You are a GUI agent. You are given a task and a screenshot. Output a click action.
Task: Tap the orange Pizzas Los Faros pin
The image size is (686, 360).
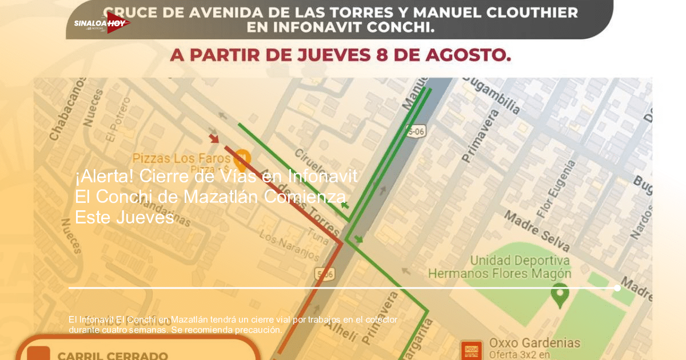[242, 156]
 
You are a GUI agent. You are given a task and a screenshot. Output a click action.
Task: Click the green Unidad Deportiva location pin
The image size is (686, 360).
[560, 293]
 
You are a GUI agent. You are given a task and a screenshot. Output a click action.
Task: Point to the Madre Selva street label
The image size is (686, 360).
[536, 231]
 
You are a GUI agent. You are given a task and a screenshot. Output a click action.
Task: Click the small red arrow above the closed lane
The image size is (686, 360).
[214, 138]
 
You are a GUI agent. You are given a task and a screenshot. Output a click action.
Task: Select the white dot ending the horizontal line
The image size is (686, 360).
[617, 288]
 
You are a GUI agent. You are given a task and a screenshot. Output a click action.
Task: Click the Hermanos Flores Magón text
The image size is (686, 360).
[499, 274]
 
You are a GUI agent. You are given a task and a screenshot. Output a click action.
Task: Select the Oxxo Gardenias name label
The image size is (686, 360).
[535, 343]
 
